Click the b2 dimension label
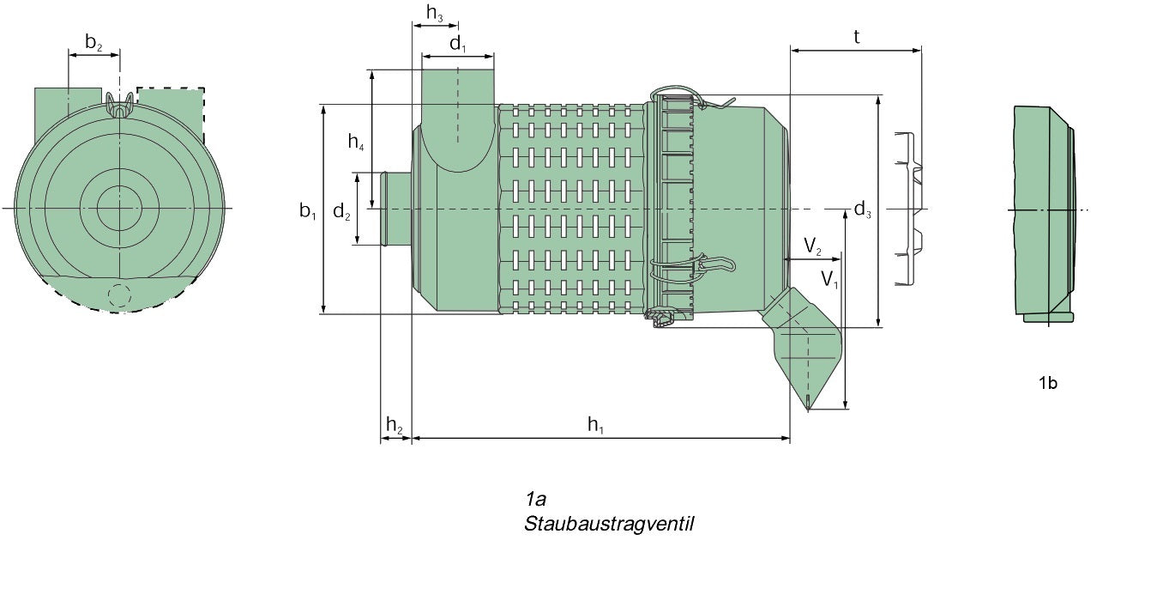[x=93, y=41]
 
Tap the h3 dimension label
[x=435, y=13]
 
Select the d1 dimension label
[x=458, y=44]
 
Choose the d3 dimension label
[x=862, y=209]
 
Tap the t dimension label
[x=856, y=36]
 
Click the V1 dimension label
[x=829, y=278]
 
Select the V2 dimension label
[x=812, y=247]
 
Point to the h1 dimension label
[x=596, y=423]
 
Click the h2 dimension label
[x=395, y=423]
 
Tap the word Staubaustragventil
[x=608, y=523]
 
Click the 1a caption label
[x=536, y=499]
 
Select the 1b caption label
[x=1047, y=383]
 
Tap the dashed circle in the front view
[x=119, y=295]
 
